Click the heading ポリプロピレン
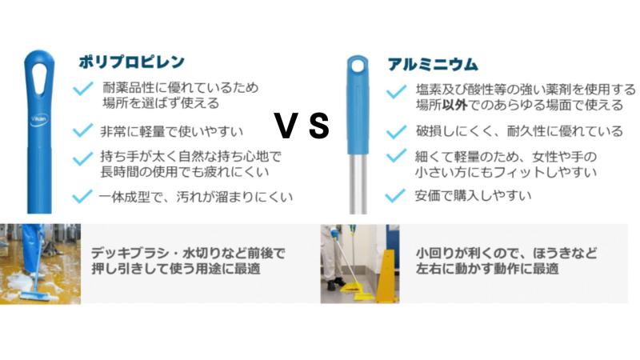click(x=131, y=62)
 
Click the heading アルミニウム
click(x=433, y=65)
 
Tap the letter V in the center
click(x=286, y=126)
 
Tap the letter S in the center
click(x=318, y=126)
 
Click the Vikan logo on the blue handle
click(x=39, y=119)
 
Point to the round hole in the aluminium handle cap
click(x=358, y=66)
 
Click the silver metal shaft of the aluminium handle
click(x=358, y=184)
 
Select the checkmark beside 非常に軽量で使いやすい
click(x=82, y=130)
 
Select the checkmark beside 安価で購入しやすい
click(x=395, y=195)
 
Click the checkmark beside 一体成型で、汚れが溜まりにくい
click(x=82, y=196)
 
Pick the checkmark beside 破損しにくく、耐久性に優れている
click(x=396, y=131)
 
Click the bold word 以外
click(x=454, y=106)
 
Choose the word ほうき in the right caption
click(x=552, y=254)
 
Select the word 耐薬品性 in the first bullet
click(x=128, y=88)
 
